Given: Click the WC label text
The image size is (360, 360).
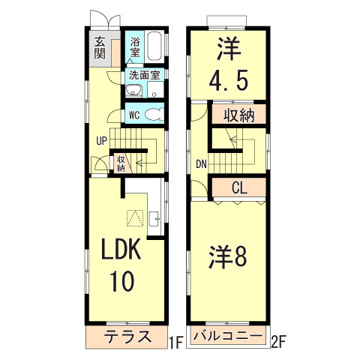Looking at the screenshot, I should [133, 115].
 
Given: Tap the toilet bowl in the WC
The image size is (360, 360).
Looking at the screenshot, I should [153, 115].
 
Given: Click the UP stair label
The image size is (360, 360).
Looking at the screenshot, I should [100, 139].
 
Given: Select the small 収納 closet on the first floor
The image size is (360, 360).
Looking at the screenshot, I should [120, 163].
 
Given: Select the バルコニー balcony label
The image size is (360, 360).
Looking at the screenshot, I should [227, 336].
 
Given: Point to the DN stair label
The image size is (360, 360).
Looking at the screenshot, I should [201, 163].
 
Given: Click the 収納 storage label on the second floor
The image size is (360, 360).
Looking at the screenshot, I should [238, 115].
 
